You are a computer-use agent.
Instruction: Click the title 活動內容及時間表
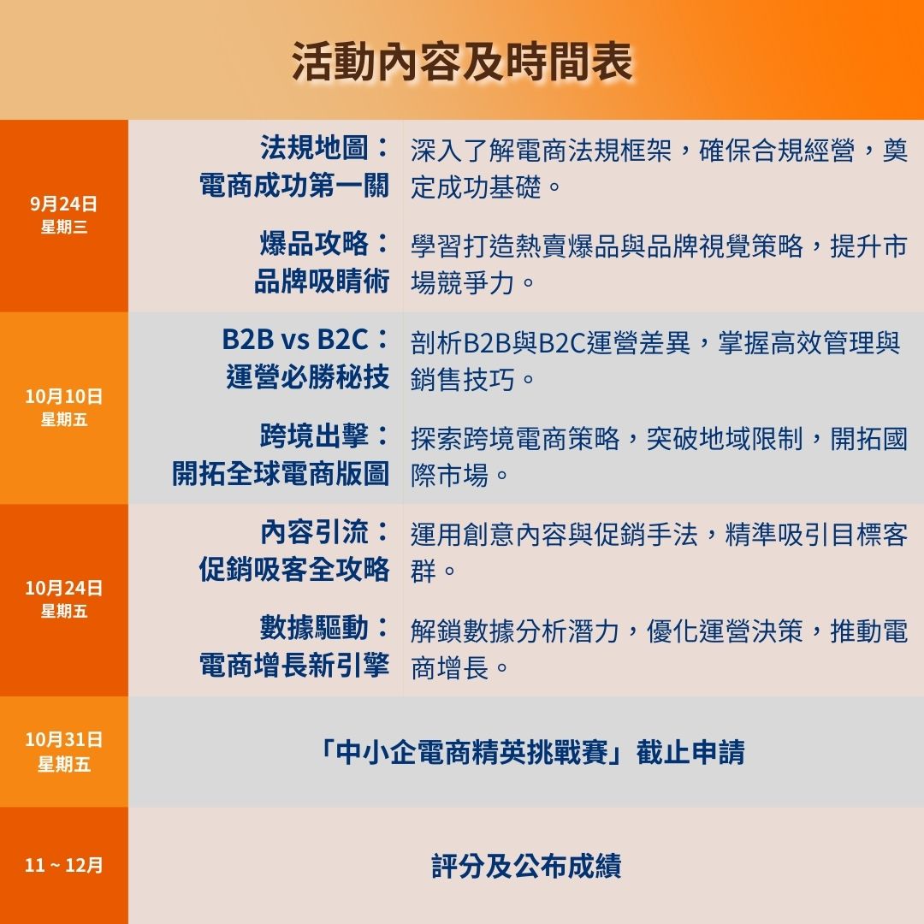pyautogui.click(x=462, y=62)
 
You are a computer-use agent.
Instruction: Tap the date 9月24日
pyautogui.click(x=63, y=204)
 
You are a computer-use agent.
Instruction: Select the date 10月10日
pyautogui.click(x=63, y=396)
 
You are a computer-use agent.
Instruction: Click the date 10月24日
pyautogui.click(x=63, y=588)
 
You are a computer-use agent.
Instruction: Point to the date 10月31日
pyautogui.click(x=63, y=739)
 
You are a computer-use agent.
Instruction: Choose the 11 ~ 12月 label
pyautogui.click(x=63, y=865)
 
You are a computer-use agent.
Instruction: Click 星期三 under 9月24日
pyautogui.click(x=63, y=227)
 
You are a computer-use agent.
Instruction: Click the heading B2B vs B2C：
pyautogui.click(x=305, y=340)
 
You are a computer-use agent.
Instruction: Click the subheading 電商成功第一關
pyautogui.click(x=294, y=185)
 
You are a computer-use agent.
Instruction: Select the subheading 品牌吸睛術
pyautogui.click(x=322, y=281)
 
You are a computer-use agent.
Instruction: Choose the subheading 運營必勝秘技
pyautogui.click(x=308, y=377)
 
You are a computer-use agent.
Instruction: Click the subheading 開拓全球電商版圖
pyautogui.click(x=281, y=473)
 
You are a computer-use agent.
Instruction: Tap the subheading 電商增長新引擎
pyautogui.click(x=294, y=666)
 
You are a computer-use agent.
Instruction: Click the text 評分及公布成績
pyautogui.click(x=526, y=866)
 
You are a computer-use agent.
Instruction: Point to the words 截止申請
pyautogui.click(x=690, y=752)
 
